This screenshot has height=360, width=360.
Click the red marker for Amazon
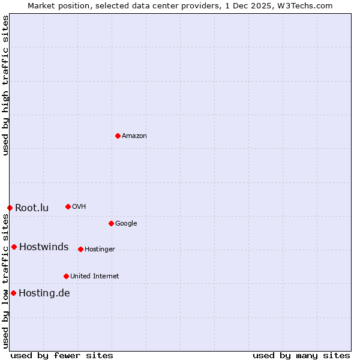point(118,136)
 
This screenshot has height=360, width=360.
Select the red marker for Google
point(111,223)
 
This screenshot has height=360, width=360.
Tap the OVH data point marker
point(68,206)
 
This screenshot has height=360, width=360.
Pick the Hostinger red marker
point(80,249)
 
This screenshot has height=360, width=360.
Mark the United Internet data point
point(66,276)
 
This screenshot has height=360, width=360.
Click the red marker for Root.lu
point(10,208)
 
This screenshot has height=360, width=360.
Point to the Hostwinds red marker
point(14,247)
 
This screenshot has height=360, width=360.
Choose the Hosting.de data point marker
point(13,293)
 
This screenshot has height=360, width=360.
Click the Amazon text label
point(134,136)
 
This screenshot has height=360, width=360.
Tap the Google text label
point(126,224)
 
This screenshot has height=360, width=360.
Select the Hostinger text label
point(100,250)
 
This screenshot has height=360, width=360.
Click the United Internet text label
point(94,277)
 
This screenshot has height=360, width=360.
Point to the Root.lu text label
point(32,208)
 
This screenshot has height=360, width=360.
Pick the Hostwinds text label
point(44,247)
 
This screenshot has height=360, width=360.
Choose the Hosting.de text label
point(44,293)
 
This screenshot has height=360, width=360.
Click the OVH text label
point(79,207)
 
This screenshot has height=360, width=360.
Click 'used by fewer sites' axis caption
point(62,355)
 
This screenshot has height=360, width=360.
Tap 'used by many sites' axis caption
point(301,355)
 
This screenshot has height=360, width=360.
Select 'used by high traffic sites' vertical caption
point(5,85)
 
